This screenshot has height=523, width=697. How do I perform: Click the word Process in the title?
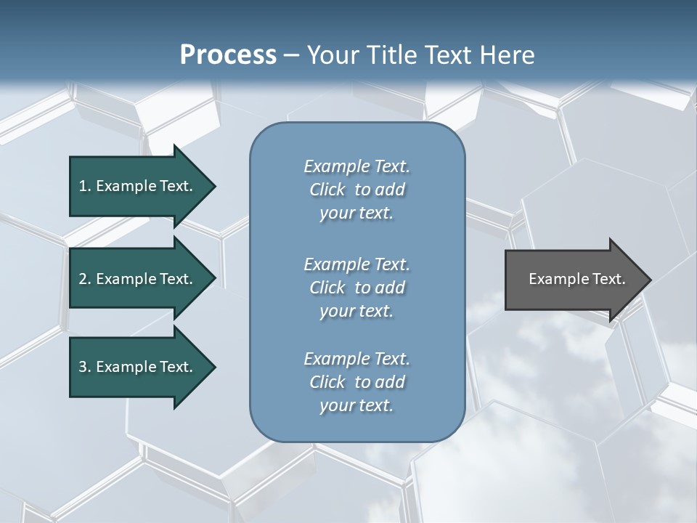228,55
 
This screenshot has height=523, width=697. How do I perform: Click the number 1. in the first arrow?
85,186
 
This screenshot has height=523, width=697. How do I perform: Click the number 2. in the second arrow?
85,279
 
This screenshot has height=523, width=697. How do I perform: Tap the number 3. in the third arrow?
85,367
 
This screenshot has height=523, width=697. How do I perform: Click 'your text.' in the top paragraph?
356,214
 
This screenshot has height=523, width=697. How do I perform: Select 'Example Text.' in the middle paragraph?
356,264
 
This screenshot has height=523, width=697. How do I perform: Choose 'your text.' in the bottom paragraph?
356,406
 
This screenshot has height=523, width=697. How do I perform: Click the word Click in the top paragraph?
327,190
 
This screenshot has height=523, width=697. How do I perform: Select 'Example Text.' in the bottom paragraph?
356,359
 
